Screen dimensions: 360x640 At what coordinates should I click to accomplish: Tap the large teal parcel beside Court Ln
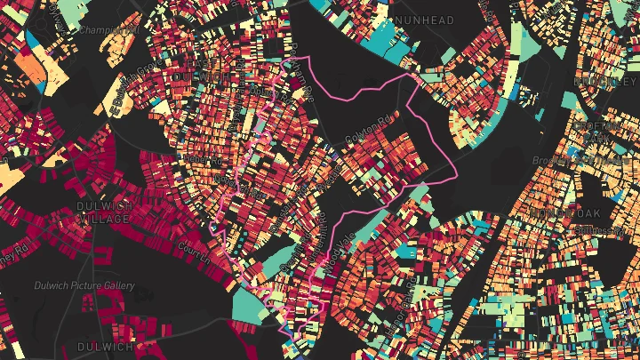(252, 301)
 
